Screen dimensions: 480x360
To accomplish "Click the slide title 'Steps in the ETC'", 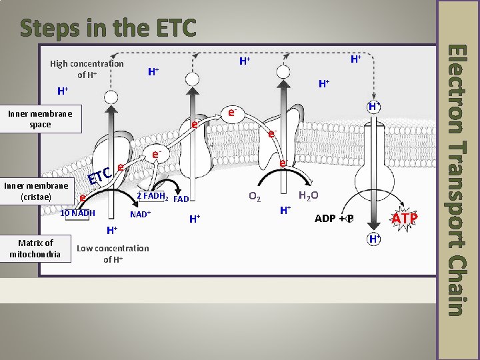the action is click(x=108, y=27).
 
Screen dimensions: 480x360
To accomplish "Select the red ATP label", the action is click(x=405, y=218).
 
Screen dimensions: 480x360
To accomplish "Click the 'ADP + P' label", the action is click(x=333, y=219).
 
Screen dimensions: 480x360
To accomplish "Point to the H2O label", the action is click(x=309, y=196).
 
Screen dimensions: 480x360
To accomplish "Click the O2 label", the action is click(x=254, y=197).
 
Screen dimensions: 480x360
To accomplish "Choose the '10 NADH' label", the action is click(x=78, y=213).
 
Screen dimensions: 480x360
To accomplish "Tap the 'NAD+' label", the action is click(x=141, y=215).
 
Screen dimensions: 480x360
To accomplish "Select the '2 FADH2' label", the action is click(x=151, y=196).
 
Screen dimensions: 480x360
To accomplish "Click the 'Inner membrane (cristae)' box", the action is click(x=36, y=191).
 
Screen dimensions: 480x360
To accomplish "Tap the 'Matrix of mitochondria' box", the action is click(x=36, y=248).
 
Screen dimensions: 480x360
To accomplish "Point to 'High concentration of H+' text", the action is click(x=87, y=69).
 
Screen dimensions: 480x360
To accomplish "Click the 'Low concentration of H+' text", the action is click(x=113, y=253).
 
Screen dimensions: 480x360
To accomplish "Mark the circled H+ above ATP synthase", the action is click(x=375, y=107).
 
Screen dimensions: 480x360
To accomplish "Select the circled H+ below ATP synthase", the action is click(x=374, y=239).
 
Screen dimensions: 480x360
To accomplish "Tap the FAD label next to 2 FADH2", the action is click(x=181, y=199).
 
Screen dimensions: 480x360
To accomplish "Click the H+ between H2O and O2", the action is click(x=284, y=211).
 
